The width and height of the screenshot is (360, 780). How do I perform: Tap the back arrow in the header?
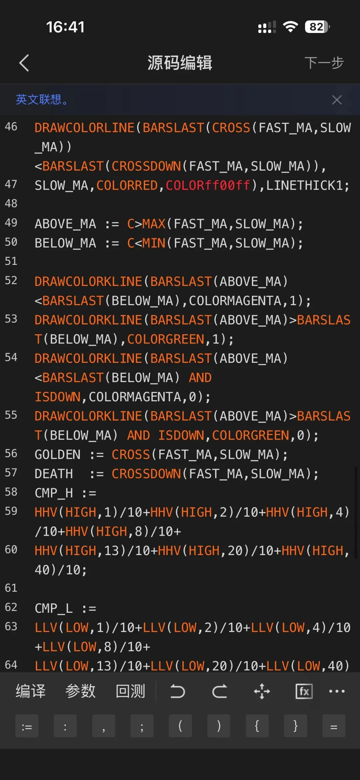tap(24, 63)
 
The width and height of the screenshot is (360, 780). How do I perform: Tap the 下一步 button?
tap(324, 63)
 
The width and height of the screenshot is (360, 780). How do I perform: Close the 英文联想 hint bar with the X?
tap(337, 100)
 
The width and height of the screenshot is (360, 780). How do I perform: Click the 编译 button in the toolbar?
tap(31, 691)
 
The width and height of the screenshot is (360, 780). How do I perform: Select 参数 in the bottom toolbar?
tap(80, 691)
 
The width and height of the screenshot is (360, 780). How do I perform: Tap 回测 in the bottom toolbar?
tap(130, 691)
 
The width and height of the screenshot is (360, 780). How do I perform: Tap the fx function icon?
tap(304, 691)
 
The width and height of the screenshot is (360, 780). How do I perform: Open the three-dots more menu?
tap(337, 691)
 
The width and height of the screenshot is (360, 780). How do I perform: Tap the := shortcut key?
tap(27, 726)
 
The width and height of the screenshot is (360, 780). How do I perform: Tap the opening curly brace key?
tap(257, 726)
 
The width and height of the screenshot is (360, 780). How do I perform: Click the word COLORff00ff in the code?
tap(208, 185)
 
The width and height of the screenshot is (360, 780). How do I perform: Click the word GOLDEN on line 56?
tap(57, 454)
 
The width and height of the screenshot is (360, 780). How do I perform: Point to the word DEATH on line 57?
tap(54, 474)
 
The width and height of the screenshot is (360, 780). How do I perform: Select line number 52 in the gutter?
tap(11, 281)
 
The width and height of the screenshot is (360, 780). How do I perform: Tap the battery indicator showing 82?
tap(317, 27)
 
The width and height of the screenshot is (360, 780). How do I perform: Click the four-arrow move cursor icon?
tap(262, 691)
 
